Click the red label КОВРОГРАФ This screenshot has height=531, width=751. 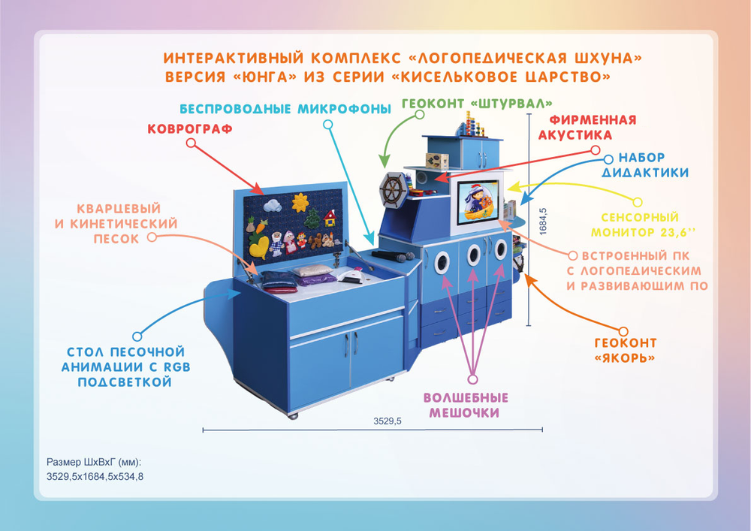tap(189, 129)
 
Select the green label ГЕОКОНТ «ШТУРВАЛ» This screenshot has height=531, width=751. tap(478, 103)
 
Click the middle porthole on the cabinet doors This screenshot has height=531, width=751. tap(474, 258)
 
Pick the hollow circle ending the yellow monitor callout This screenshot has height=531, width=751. tap(638, 202)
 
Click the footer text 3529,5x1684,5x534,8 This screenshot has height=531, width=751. tap(95, 475)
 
